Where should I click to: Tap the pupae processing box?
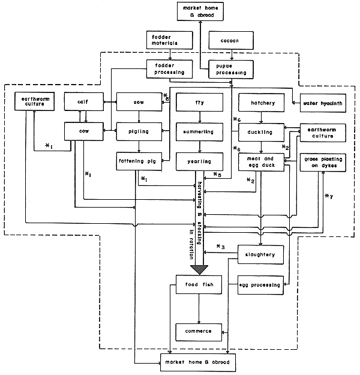(231, 69)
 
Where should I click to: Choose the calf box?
(84, 103)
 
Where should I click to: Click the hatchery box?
(262, 103)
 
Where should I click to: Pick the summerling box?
(200, 131)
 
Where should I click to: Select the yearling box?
(200, 160)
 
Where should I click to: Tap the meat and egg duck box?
(262, 160)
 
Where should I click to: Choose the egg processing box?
(259, 284)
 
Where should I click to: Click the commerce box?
(199, 331)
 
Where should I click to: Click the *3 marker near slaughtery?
(220, 247)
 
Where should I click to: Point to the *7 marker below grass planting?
(328, 196)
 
